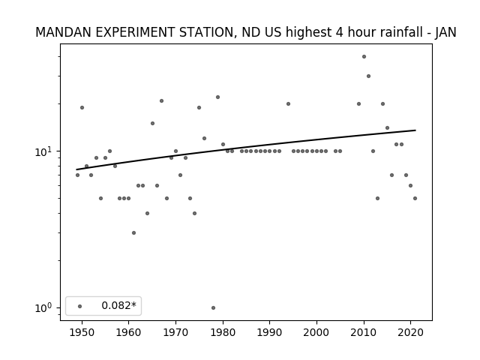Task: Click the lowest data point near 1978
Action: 213,307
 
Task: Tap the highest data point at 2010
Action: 364,57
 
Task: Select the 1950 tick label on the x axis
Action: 82,332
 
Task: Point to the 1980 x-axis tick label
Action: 223,332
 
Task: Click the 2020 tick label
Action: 410,332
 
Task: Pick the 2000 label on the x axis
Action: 316,332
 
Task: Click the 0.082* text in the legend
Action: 118,305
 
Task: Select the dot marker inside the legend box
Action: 80,306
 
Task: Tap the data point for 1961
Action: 133,233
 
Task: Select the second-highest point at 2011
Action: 368,76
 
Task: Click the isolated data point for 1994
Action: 288,103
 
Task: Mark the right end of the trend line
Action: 415,130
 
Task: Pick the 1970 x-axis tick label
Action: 175,332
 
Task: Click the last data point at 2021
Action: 415,198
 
